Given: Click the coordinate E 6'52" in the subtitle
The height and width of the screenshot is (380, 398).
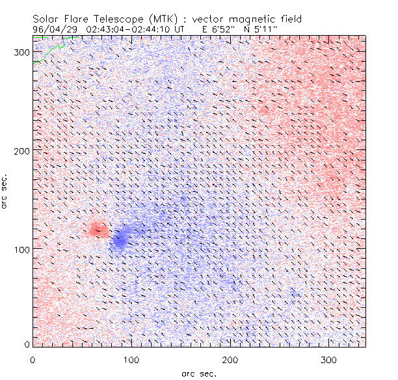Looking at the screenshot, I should coord(219,29).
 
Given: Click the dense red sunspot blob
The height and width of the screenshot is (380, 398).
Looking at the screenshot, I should coord(98,229).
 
